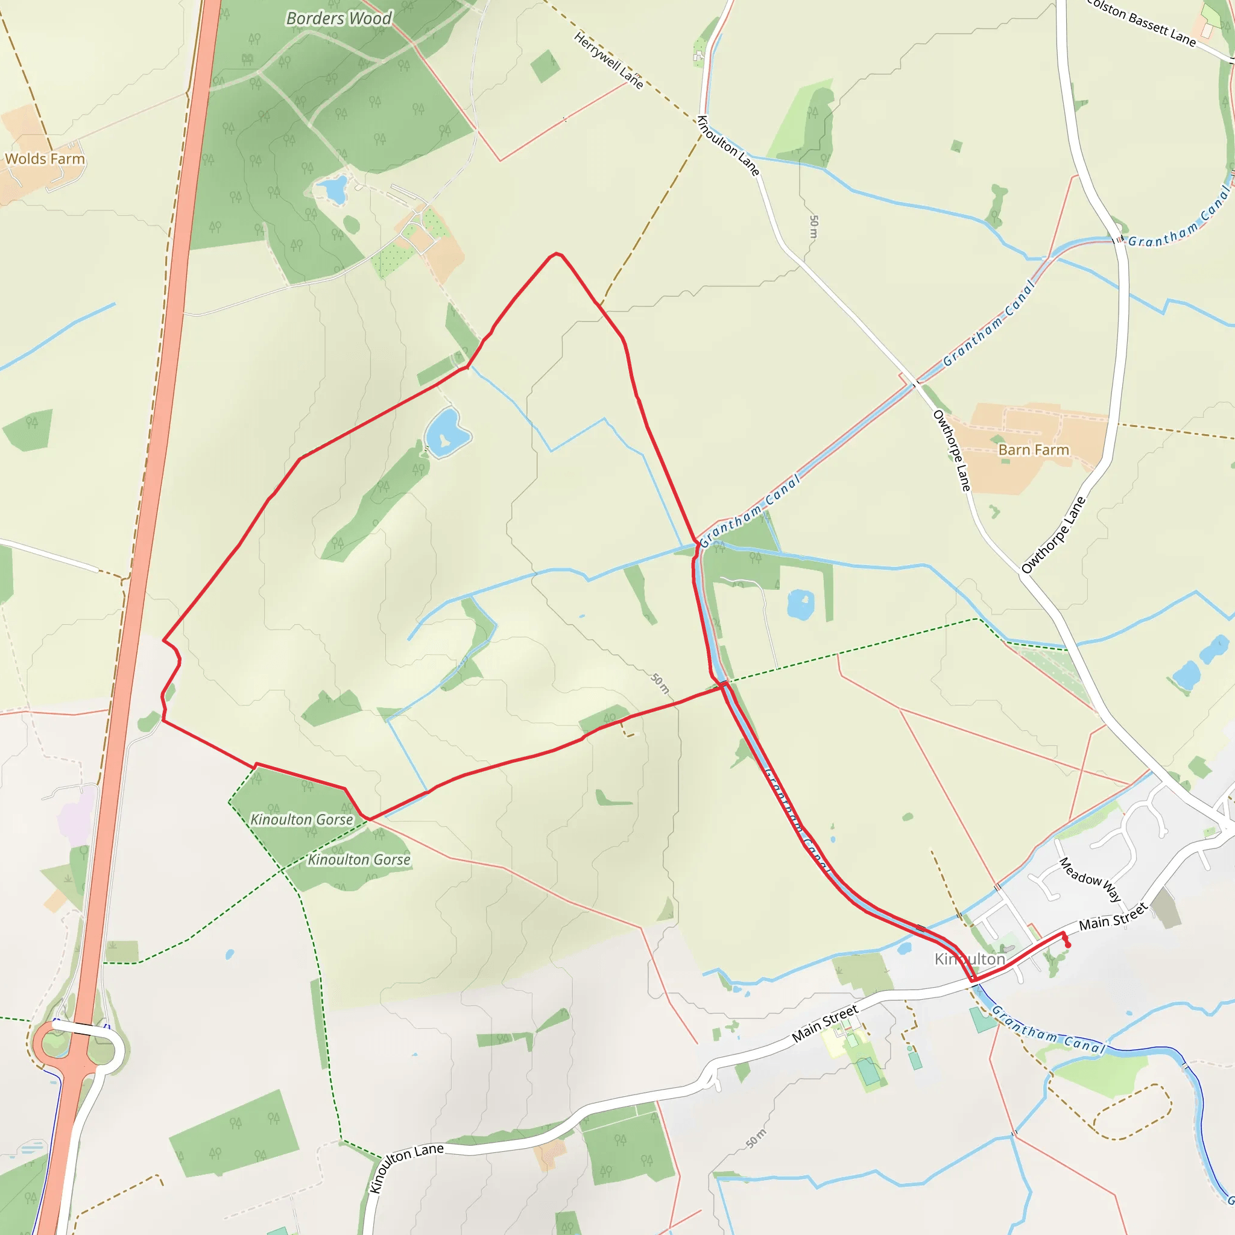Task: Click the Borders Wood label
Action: [338, 19]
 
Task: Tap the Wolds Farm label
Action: [45, 159]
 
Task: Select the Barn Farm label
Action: [1034, 450]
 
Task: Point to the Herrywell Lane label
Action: [608, 60]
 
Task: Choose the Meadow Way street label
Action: [1090, 880]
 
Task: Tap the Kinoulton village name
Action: [970, 959]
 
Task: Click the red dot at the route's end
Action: [1068, 945]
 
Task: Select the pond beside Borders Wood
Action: [332, 189]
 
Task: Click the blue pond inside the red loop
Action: [446, 433]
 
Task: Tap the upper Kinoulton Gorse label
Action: [301, 820]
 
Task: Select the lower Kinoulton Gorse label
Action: [359, 860]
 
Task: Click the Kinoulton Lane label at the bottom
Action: [407, 1167]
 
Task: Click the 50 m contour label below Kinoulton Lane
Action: [813, 226]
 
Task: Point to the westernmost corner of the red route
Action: [164, 640]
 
